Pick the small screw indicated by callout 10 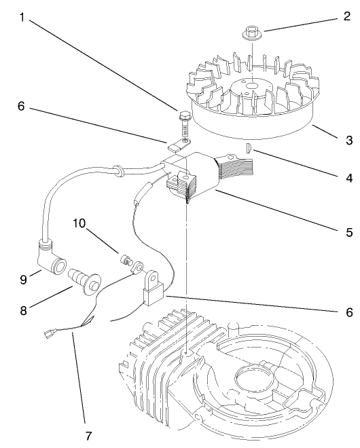coord(124,261)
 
